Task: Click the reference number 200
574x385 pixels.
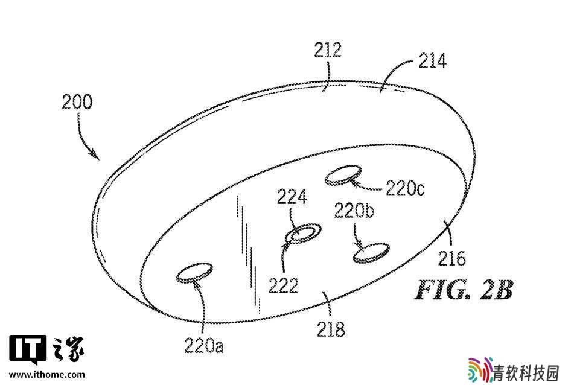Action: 77,102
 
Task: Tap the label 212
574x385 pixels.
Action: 328,50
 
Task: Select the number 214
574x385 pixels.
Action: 432,61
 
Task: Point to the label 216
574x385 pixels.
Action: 451,259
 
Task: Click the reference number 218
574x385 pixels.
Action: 331,329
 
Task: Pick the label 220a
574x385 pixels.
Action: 204,345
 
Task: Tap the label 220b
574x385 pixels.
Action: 354,211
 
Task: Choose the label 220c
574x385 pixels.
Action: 405,189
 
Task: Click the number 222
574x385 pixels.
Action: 283,285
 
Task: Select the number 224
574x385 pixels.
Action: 292,197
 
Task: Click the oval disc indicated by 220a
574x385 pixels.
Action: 194,273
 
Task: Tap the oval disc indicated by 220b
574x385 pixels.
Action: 371,252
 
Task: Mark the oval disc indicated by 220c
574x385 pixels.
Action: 343,175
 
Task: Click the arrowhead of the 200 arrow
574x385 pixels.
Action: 95,155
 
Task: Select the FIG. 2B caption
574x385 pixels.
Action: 464,290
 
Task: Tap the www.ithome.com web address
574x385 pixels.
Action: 47,375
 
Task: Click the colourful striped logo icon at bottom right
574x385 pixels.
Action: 480,369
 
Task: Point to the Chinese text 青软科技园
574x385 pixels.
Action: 526,374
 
